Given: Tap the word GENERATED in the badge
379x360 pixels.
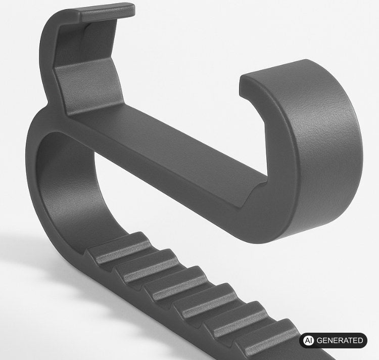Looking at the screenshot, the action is point(340,340).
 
